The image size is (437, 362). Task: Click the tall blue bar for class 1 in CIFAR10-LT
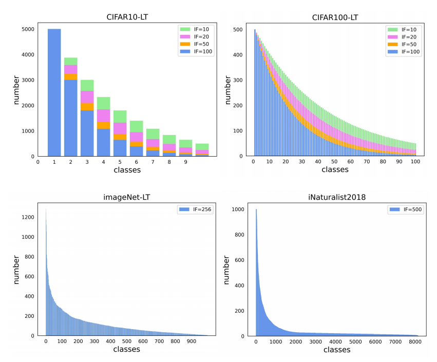(x=54, y=92)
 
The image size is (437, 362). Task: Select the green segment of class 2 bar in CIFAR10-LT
(x=70, y=61)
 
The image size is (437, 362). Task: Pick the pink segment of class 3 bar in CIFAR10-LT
(x=87, y=97)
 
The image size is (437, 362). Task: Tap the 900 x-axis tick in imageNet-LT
(x=192, y=341)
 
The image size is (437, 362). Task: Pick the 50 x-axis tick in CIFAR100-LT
(x=334, y=162)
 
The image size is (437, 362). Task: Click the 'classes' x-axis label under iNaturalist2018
(x=337, y=350)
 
